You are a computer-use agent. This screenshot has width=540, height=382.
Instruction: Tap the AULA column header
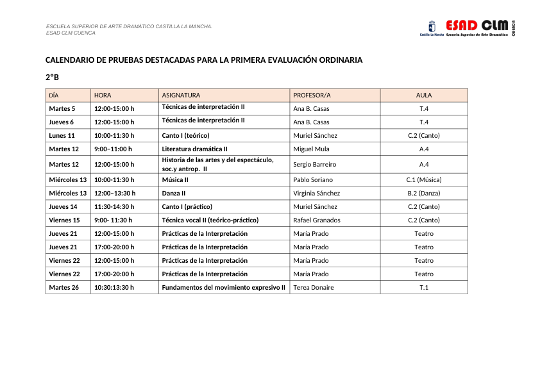pyautogui.click(x=424, y=95)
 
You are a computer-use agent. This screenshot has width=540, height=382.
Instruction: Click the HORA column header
pyautogui.click(x=103, y=95)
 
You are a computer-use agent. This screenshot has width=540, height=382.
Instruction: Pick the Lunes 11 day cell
pyautogui.click(x=62, y=135)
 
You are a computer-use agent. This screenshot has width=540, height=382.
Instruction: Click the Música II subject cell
pyautogui.click(x=175, y=179)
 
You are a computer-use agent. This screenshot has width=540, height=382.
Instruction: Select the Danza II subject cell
pyautogui.click(x=174, y=193)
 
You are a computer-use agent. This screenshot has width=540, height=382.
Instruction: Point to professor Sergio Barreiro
pyautogui.click(x=314, y=164)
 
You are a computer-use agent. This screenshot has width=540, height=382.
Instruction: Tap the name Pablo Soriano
pyautogui.click(x=313, y=179)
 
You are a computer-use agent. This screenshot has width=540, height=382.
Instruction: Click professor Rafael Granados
pyautogui.click(x=317, y=220)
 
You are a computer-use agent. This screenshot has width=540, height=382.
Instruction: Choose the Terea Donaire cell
pyautogui.click(x=314, y=287)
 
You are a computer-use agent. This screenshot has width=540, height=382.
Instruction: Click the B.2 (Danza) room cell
pyautogui.click(x=424, y=193)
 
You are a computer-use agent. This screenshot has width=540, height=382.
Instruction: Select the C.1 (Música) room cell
pyautogui.click(x=424, y=179)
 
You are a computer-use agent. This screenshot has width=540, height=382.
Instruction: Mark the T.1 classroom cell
pyautogui.click(x=424, y=287)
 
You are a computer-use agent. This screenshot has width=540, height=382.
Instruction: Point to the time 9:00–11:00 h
pyautogui.click(x=113, y=149)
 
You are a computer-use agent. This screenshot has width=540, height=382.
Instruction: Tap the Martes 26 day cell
pyautogui.click(x=64, y=287)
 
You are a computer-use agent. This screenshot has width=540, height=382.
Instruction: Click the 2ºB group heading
pyautogui.click(x=52, y=77)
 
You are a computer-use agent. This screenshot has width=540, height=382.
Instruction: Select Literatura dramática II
pyautogui.click(x=190, y=149)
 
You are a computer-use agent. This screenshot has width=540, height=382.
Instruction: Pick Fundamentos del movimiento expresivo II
pyautogui.click(x=223, y=287)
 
